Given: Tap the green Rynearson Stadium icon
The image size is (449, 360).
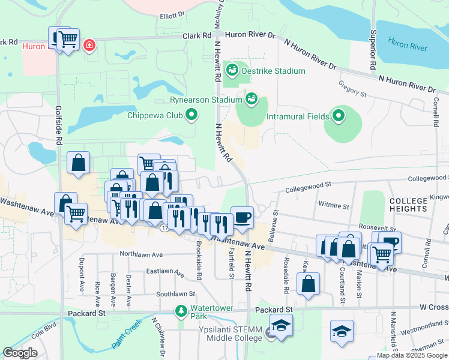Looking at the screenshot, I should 252,98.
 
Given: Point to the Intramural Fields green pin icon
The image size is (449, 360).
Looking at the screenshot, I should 339,114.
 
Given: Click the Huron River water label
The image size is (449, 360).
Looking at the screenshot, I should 408,43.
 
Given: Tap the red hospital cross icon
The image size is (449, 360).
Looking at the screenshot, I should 90,46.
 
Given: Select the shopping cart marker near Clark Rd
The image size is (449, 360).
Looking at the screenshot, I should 67,40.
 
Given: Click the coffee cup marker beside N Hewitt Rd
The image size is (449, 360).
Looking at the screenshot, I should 242,216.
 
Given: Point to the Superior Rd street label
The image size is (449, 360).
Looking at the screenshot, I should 373,47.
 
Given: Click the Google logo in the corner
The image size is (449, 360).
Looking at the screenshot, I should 20,353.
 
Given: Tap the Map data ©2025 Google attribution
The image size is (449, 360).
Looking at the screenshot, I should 411,355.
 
